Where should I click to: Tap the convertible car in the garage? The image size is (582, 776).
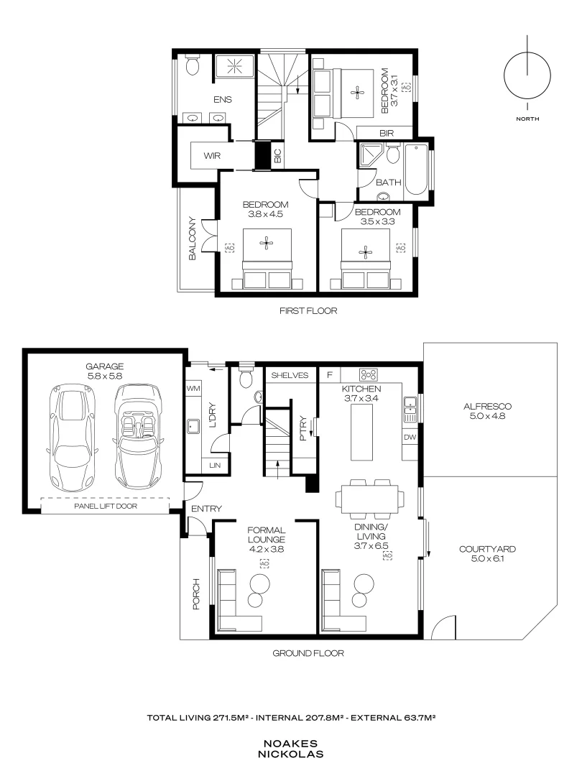coord(137,436)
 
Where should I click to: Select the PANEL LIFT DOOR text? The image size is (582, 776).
coord(106,506)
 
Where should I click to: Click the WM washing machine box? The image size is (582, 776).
coord(193,389)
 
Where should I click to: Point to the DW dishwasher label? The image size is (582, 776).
coord(410,437)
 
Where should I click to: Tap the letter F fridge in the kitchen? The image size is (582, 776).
coord(330,375)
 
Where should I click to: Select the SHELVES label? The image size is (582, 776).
coord(290,375)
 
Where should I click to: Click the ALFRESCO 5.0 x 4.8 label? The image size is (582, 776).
coord(487,411)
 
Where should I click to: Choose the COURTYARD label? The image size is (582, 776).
coord(487,549)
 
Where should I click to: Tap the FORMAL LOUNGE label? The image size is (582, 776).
coord(267,535)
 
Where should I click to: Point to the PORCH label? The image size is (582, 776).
coord(196,594)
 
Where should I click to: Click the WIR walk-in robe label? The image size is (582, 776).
coord(212,156)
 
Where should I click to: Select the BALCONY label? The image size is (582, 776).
coord(193,239)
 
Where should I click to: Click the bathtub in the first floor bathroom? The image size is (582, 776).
coord(417,170)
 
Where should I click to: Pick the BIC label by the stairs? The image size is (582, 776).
coord(277,156)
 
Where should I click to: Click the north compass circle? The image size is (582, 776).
coord(527,75)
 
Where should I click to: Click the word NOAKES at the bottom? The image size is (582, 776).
coord(290,744)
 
